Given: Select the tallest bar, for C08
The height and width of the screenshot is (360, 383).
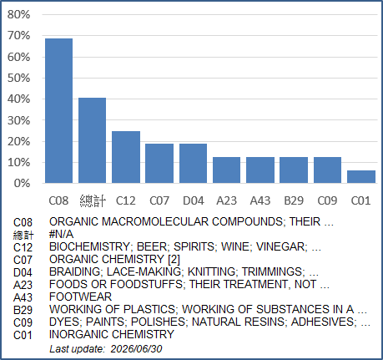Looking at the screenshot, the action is (x=59, y=111).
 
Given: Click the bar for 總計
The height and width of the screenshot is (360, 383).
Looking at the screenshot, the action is (x=92, y=140).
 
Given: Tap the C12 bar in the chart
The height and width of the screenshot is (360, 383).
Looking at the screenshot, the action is (x=126, y=157).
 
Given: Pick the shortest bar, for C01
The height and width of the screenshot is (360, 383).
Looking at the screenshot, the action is (x=361, y=177).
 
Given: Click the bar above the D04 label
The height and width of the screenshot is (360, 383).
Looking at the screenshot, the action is (x=193, y=164).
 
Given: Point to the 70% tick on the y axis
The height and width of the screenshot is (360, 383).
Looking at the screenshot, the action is (x=18, y=36).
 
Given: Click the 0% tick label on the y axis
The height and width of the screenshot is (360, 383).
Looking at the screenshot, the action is (x=22, y=183).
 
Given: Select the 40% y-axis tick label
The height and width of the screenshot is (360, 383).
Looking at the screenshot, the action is (x=18, y=99).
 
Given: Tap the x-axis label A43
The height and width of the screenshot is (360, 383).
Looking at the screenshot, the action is (x=260, y=200).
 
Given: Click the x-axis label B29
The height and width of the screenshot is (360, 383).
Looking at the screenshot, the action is (x=294, y=200).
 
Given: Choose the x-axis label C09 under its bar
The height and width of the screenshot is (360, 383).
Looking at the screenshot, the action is (x=327, y=200).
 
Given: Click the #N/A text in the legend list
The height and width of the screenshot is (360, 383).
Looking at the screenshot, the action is (x=61, y=235).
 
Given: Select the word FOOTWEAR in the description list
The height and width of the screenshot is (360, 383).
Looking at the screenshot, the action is (x=80, y=297).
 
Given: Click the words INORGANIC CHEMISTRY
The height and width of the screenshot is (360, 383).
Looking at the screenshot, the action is (x=112, y=334).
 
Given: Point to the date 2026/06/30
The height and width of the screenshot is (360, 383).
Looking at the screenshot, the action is (x=136, y=349).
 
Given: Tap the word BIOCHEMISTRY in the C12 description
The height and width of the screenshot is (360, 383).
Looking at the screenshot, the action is (x=89, y=246).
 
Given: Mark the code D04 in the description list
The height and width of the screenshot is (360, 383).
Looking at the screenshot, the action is (x=23, y=272).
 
